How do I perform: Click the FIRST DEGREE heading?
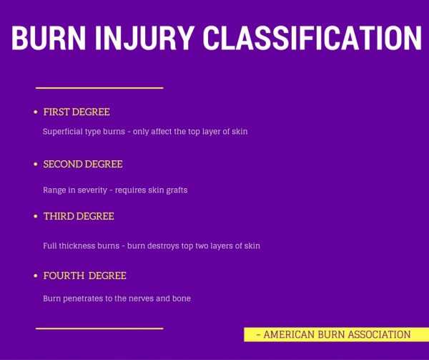pyautogui.click(x=77, y=112)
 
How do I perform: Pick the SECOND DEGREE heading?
pyautogui.click(x=83, y=165)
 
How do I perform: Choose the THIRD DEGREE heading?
pyautogui.click(x=79, y=216)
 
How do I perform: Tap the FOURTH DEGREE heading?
pyautogui.click(x=84, y=276)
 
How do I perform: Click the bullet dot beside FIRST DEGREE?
pyautogui.click(x=35, y=113)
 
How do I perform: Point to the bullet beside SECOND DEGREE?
pyautogui.click(x=35, y=165)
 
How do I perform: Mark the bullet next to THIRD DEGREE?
pyautogui.click(x=35, y=217)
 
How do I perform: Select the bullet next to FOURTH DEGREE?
pyautogui.click(x=35, y=276)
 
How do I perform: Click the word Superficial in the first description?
pyautogui.click(x=62, y=132)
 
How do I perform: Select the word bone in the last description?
pyautogui.click(x=181, y=298)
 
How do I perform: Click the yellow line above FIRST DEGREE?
pyautogui.click(x=99, y=88)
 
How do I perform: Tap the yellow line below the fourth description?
pyautogui.click(x=99, y=329)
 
